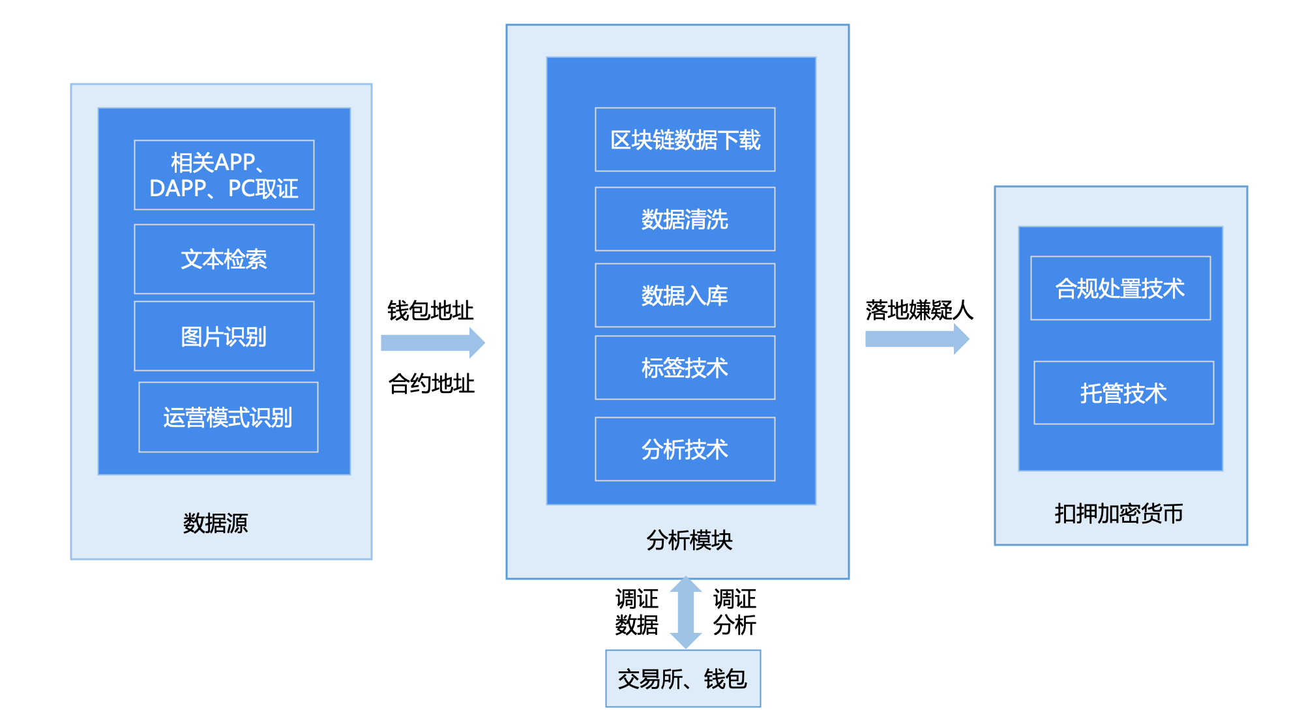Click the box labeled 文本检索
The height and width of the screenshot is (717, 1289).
point(224,259)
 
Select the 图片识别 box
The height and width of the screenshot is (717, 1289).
point(224,336)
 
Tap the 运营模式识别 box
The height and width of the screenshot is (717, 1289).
point(228,417)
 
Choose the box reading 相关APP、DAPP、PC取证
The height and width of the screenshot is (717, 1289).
point(224,175)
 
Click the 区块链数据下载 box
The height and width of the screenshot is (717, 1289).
point(685,139)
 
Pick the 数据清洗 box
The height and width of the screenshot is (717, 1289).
point(685,219)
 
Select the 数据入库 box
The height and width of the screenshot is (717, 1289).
point(685,295)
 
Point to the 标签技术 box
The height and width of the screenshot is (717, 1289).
point(685,368)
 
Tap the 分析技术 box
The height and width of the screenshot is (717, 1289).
point(685,449)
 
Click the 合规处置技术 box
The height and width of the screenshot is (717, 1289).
point(1120,288)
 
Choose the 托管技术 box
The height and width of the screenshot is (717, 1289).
point(1123,393)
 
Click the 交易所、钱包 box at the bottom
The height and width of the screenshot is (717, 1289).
point(683,679)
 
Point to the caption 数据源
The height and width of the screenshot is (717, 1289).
point(215,523)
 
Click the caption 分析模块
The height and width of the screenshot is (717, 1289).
point(689,540)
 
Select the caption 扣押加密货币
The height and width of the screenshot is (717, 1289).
point(1119,514)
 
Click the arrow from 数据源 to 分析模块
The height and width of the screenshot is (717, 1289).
point(432,343)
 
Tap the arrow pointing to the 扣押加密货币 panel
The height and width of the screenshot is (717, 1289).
point(917,339)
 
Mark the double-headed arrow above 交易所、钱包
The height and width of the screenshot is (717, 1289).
point(686,613)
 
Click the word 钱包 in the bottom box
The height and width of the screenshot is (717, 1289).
point(725,679)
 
